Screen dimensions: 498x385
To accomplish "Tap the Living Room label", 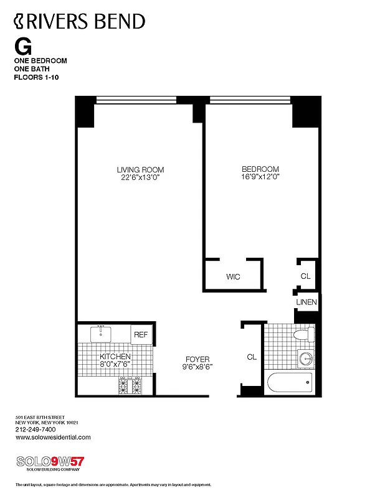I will click(140, 169).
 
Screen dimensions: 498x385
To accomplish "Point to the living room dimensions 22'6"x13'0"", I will click(140, 177).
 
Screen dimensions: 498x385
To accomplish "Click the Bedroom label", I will click(260, 169).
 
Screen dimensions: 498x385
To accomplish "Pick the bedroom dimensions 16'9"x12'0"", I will click(260, 177).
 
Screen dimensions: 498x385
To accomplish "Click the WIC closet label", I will click(233, 276).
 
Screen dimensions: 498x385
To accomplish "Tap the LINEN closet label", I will click(307, 303).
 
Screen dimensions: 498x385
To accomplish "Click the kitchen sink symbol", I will click(100, 334).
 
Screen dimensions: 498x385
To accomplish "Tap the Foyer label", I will click(197, 359).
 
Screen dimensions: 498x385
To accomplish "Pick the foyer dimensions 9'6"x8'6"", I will click(197, 367).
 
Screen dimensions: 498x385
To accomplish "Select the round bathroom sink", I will click(306, 359).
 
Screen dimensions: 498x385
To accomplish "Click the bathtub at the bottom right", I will click(289, 383).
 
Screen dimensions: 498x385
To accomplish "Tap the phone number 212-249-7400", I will click(35, 430).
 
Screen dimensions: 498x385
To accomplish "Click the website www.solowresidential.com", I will click(53, 437).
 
